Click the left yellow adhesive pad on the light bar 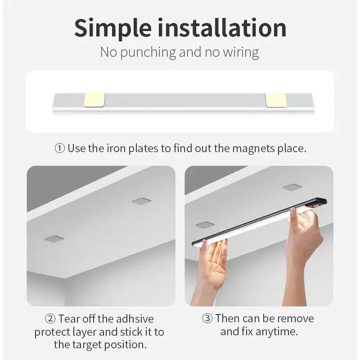94,100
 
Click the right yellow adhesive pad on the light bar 276,100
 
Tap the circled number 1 59,148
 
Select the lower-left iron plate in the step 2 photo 54,238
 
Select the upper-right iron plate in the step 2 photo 141,201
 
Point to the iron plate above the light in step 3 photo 292,187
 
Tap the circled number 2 50,319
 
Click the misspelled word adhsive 135,319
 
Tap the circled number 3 207,319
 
